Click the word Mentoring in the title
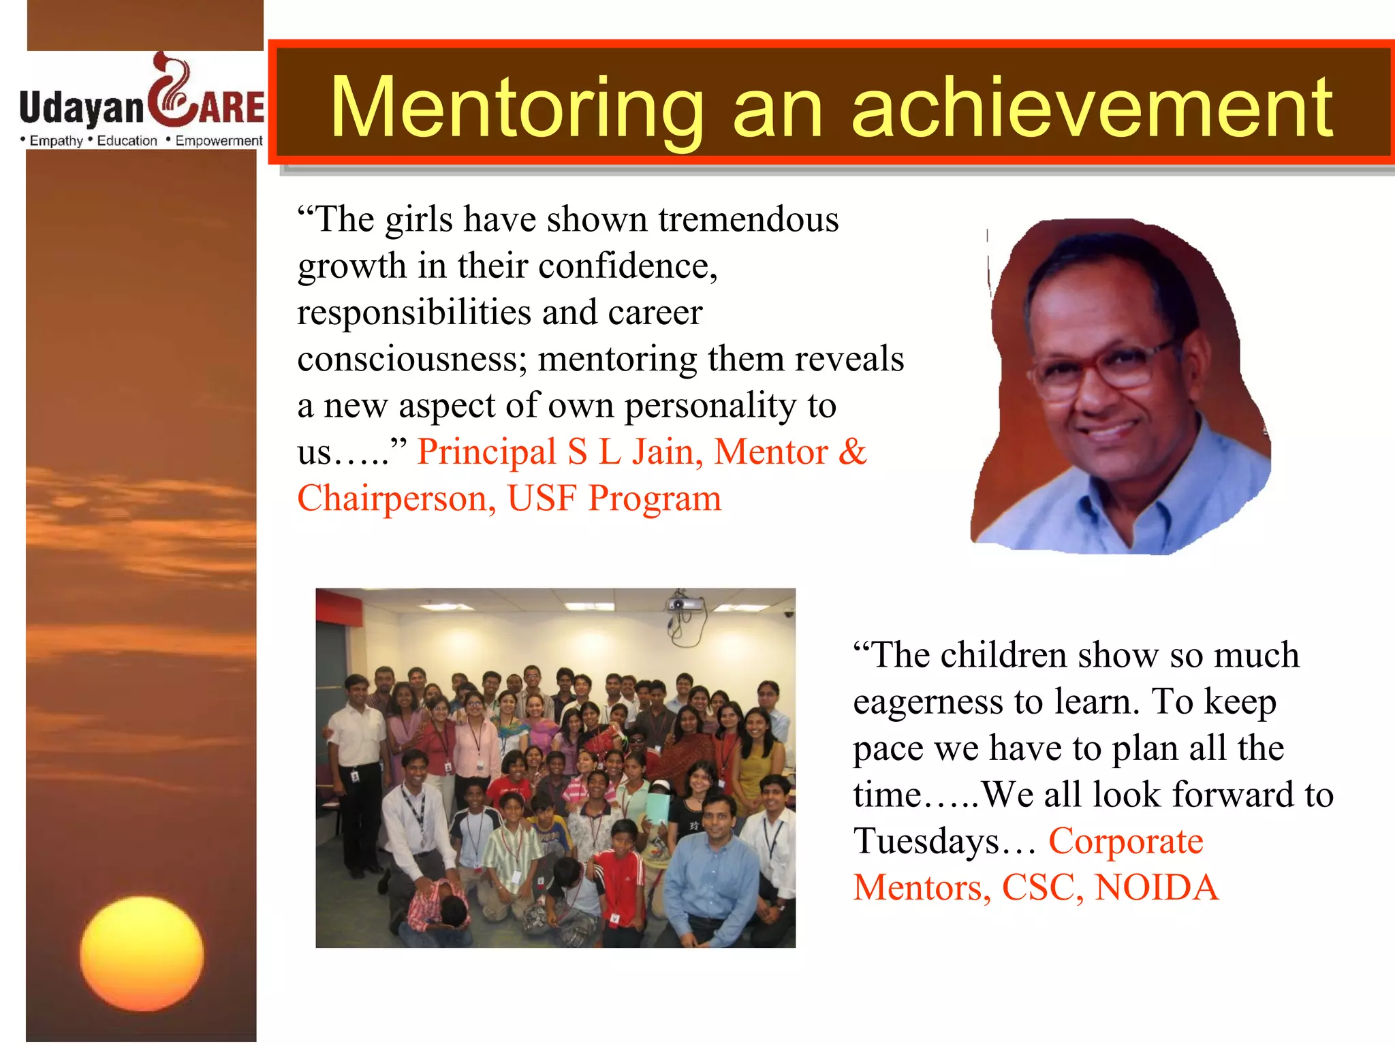(x=516, y=109)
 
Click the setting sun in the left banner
(x=142, y=954)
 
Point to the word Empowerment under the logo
(x=219, y=141)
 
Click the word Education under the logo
(x=127, y=141)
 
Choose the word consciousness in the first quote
(x=412, y=360)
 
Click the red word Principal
(x=486, y=452)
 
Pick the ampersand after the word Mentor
(x=852, y=452)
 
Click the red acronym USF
(x=542, y=498)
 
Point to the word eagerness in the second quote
(x=927, y=702)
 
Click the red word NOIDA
(x=1156, y=888)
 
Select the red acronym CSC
(x=1042, y=888)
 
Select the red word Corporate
(x=1125, y=842)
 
